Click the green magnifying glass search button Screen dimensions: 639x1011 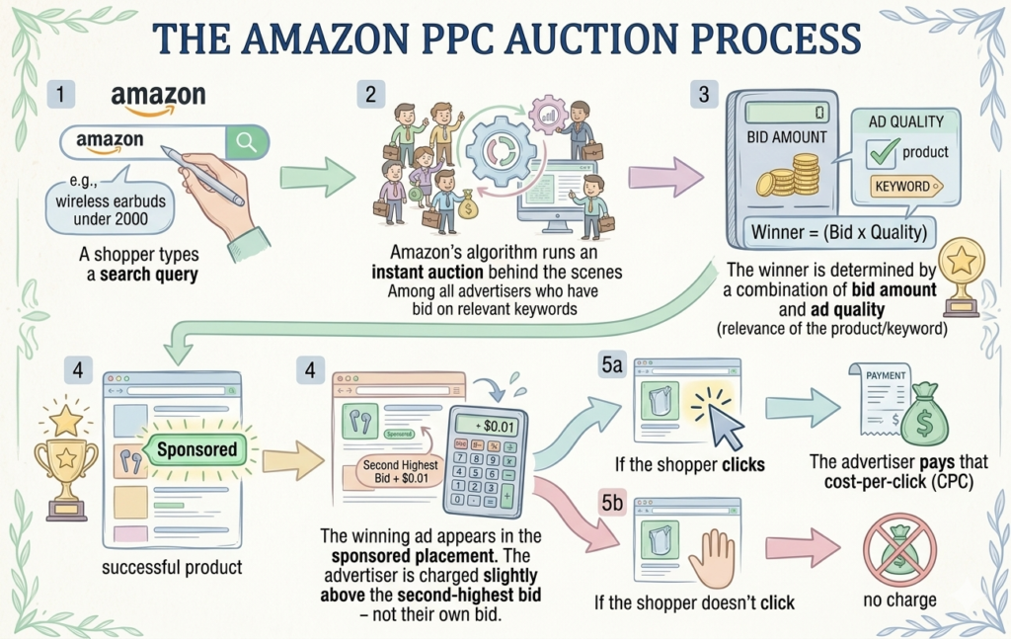(x=246, y=142)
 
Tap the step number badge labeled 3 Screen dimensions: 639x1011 (x=703, y=96)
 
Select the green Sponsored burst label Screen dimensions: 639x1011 (x=197, y=449)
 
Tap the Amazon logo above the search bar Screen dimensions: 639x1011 (x=158, y=99)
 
